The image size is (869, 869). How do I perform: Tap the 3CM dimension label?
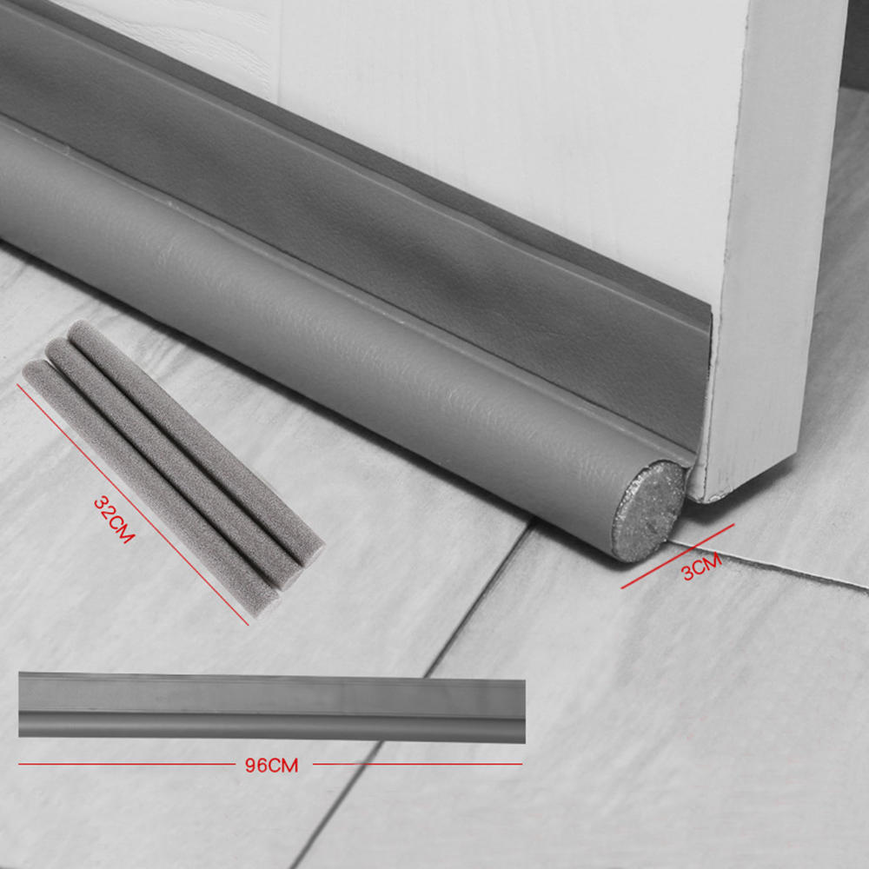click(x=700, y=567)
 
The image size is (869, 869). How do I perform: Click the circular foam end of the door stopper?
click(x=648, y=511)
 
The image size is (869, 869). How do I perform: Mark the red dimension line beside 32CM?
click(x=130, y=500)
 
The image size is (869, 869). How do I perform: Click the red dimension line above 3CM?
click(x=678, y=556)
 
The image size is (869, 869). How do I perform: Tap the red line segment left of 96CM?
click(x=122, y=765)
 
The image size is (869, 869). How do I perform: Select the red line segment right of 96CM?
click(x=417, y=765)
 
